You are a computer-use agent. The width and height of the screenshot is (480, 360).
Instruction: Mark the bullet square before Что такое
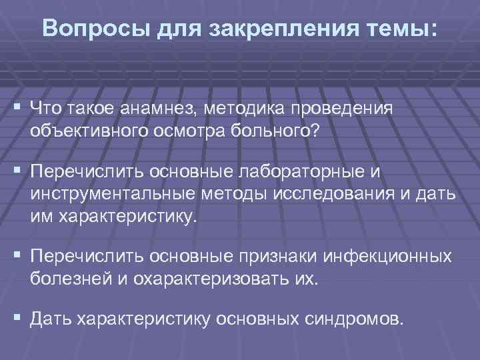click(x=15, y=108)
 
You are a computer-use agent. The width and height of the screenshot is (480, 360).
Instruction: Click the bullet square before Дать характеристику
click(x=15, y=319)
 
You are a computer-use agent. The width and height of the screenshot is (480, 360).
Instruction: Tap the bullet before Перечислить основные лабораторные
click(x=15, y=173)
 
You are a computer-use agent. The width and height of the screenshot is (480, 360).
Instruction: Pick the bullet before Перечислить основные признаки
click(x=15, y=257)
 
